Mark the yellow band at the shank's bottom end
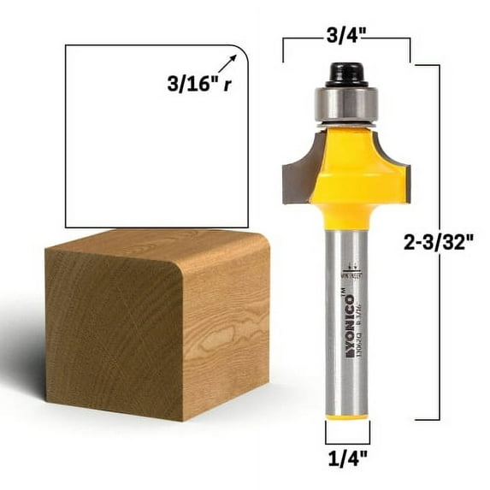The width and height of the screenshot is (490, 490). click(x=345, y=416)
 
